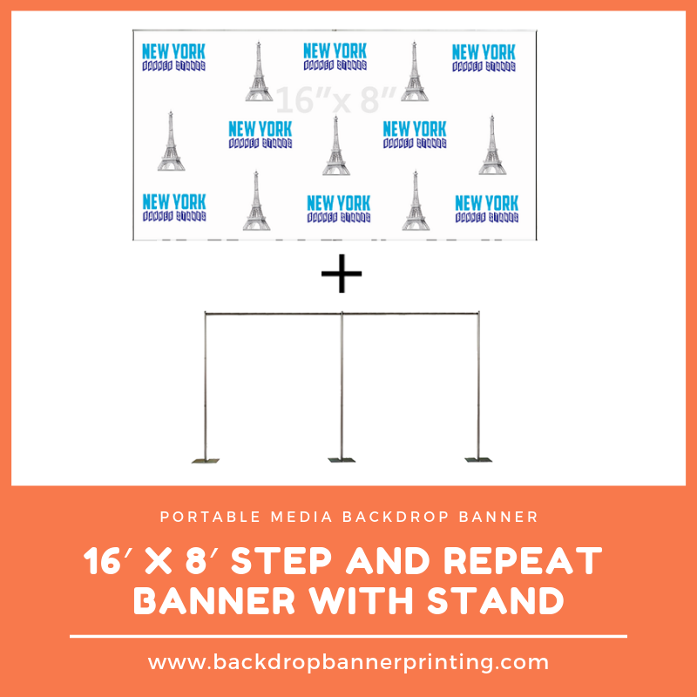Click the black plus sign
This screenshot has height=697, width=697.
[342, 276]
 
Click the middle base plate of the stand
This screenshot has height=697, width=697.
[342, 458]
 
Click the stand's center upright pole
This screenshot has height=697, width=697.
[342, 383]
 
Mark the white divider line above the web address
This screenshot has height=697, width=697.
[348, 637]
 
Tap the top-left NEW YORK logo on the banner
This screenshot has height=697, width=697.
[173, 58]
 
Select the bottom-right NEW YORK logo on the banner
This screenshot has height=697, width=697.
[486, 209]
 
